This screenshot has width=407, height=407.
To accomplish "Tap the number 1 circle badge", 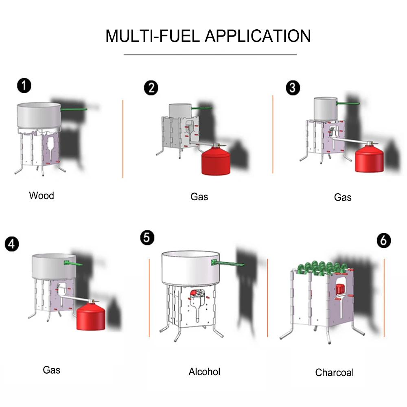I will (24, 86).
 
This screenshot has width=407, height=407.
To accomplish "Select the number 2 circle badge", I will (151, 88).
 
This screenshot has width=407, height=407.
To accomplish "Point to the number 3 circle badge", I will (293, 88).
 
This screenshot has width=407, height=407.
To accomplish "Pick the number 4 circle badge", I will (12, 244).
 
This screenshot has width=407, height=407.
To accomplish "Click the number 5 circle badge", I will (147, 238).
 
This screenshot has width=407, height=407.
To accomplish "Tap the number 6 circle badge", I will (383, 240).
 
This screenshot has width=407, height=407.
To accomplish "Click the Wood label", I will (42, 196).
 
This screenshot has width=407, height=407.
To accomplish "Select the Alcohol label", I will (204, 372).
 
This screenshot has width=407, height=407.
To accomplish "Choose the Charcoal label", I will (335, 372).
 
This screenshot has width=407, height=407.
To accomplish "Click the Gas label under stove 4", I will (52, 370).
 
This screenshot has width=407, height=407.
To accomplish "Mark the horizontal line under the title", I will (210, 54).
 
